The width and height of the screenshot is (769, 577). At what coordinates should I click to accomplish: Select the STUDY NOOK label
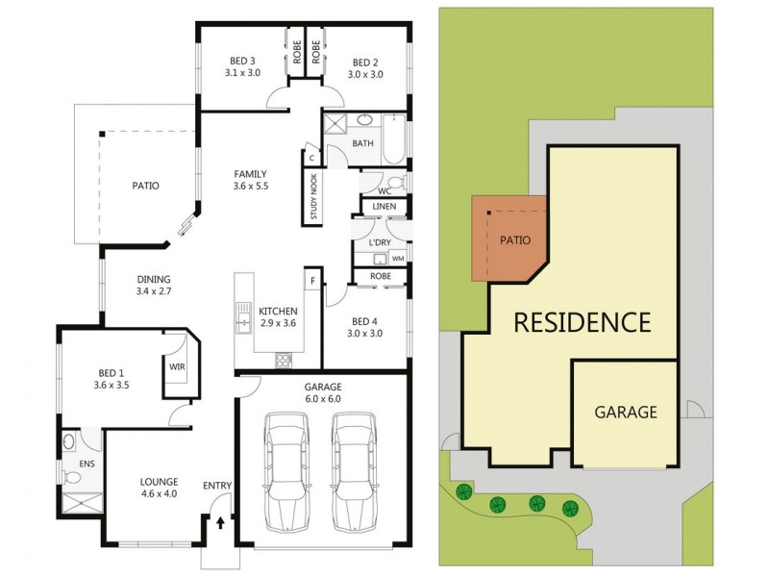[313, 197]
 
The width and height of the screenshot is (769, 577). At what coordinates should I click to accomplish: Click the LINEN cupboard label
[383, 207]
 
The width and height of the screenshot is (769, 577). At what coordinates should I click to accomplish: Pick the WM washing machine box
[398, 259]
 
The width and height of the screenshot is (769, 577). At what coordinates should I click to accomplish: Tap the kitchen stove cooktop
[285, 361]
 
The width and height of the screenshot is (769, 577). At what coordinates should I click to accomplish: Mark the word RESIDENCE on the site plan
[583, 321]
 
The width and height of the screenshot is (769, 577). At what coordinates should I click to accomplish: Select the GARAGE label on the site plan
[626, 413]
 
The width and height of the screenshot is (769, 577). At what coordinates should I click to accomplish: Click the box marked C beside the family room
[311, 158]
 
